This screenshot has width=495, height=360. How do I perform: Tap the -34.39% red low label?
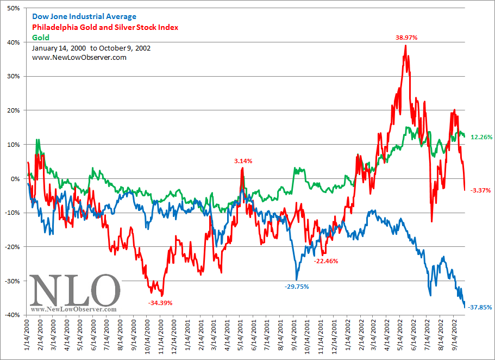pos(160,302)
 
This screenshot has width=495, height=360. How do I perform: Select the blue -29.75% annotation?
pos(297,286)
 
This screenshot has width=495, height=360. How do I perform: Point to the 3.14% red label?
pos(243,161)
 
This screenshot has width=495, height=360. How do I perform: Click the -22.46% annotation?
pos(326,261)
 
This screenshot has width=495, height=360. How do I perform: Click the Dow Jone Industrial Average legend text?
pos(84,17)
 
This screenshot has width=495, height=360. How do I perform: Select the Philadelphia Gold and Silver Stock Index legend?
pos(105,27)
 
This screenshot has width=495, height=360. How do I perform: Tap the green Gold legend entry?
pos(41,38)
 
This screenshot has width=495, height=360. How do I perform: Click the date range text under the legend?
pos(91,48)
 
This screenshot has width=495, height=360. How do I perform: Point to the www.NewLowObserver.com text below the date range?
pos(79,57)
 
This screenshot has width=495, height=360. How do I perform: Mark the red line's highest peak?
pos(405,46)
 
